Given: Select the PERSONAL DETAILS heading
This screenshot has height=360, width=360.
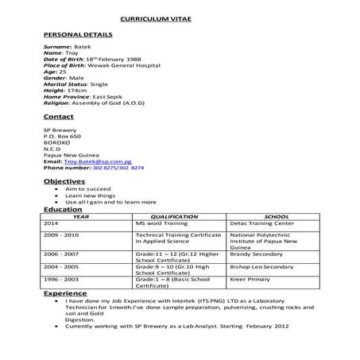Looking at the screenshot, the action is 77,35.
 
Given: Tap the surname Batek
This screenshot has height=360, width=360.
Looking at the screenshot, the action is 83,48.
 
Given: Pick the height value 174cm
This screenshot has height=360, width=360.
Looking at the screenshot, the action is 73,90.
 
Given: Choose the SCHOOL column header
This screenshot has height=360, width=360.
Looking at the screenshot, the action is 276,215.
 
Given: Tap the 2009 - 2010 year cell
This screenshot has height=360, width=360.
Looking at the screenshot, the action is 62,235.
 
